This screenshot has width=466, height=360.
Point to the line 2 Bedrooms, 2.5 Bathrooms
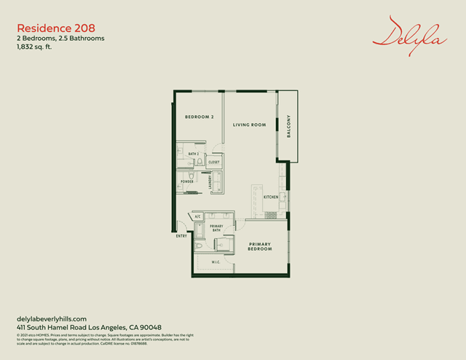point(60,38)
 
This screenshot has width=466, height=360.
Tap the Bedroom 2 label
point(199,117)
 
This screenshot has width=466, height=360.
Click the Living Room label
point(249,125)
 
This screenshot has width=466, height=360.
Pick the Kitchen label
point(271,197)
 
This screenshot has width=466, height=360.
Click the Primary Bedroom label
point(260,246)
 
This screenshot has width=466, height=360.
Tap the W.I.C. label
point(216,262)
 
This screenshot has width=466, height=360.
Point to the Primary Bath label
point(216,229)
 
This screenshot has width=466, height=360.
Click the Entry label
point(181,236)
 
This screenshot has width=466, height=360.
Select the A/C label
point(197,216)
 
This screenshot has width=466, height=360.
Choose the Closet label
point(214,163)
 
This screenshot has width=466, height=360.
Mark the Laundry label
point(210,182)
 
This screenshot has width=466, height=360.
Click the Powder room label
point(187,181)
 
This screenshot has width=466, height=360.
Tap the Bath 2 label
point(194,154)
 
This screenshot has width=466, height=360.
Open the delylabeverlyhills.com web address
point(52,319)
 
